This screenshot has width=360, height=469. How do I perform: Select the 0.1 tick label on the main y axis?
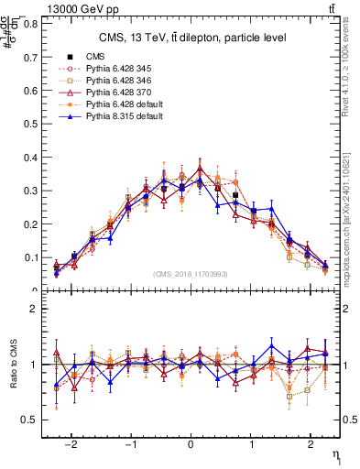(34, 257)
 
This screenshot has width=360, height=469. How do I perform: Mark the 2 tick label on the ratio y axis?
(38, 309)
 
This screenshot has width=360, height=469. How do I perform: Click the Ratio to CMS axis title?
(13, 365)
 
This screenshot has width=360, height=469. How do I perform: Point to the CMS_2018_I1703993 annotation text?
(191, 274)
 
